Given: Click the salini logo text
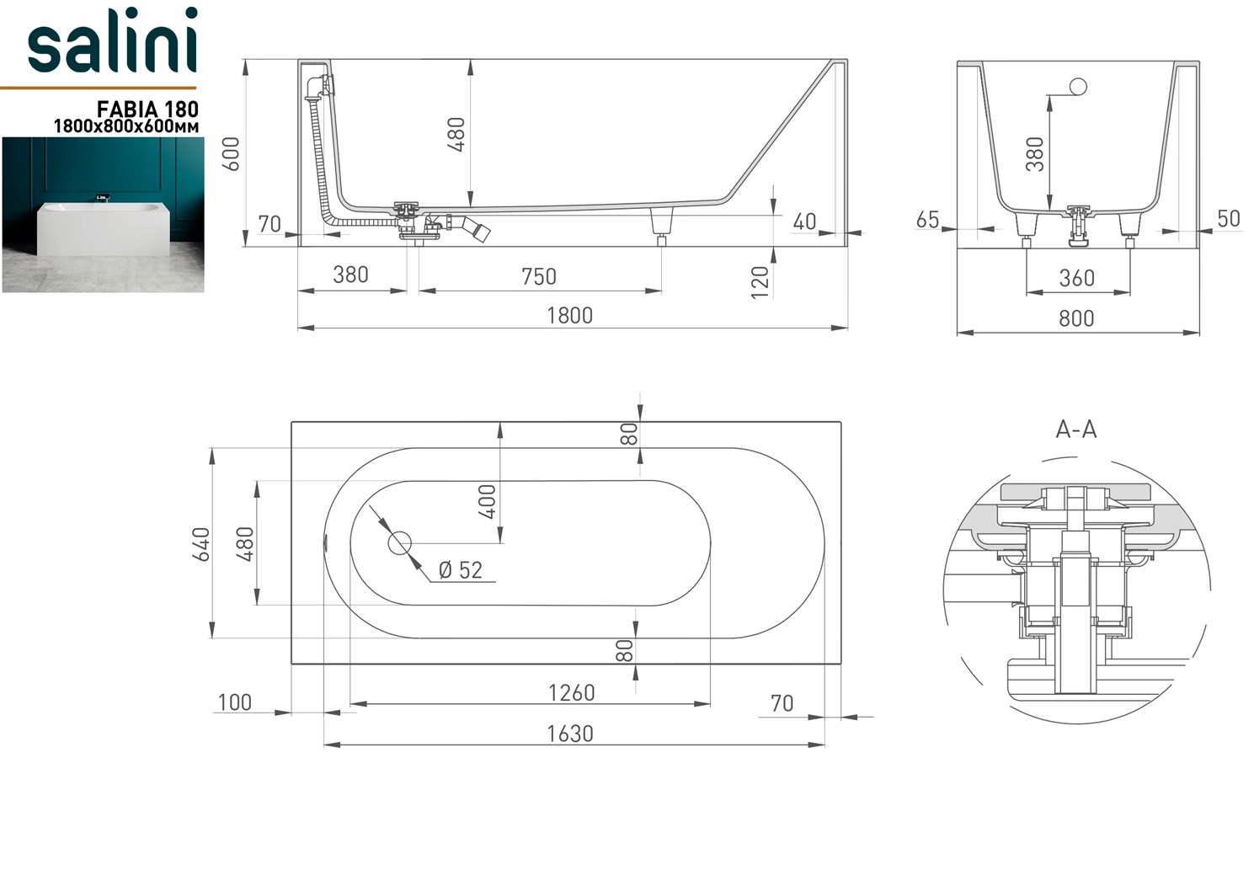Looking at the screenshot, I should [x=112, y=42].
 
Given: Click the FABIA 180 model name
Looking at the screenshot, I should [x=147, y=109].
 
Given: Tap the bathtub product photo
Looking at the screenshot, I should [x=103, y=215].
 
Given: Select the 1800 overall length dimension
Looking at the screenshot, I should [x=570, y=316].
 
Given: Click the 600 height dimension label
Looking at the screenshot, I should [x=231, y=153].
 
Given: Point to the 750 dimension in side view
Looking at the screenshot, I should [x=538, y=276].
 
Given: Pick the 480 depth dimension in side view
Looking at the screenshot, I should [x=456, y=134].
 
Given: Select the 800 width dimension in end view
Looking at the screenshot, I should [x=1076, y=318].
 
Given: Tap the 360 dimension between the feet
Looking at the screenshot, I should [x=1076, y=278].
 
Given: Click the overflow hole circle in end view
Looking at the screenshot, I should [x=1077, y=86].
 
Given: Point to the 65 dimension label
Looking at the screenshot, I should [x=927, y=220].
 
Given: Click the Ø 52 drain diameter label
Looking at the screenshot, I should [x=461, y=570].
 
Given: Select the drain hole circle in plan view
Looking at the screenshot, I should [x=399, y=543].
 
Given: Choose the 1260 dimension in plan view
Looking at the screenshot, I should [x=571, y=692].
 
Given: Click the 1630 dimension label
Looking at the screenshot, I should [x=570, y=734].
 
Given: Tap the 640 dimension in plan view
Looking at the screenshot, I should [x=202, y=544].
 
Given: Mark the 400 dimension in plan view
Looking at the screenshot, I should [x=488, y=502].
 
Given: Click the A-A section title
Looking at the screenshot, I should [x=1076, y=430].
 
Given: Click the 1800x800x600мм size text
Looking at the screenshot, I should [x=126, y=126].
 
